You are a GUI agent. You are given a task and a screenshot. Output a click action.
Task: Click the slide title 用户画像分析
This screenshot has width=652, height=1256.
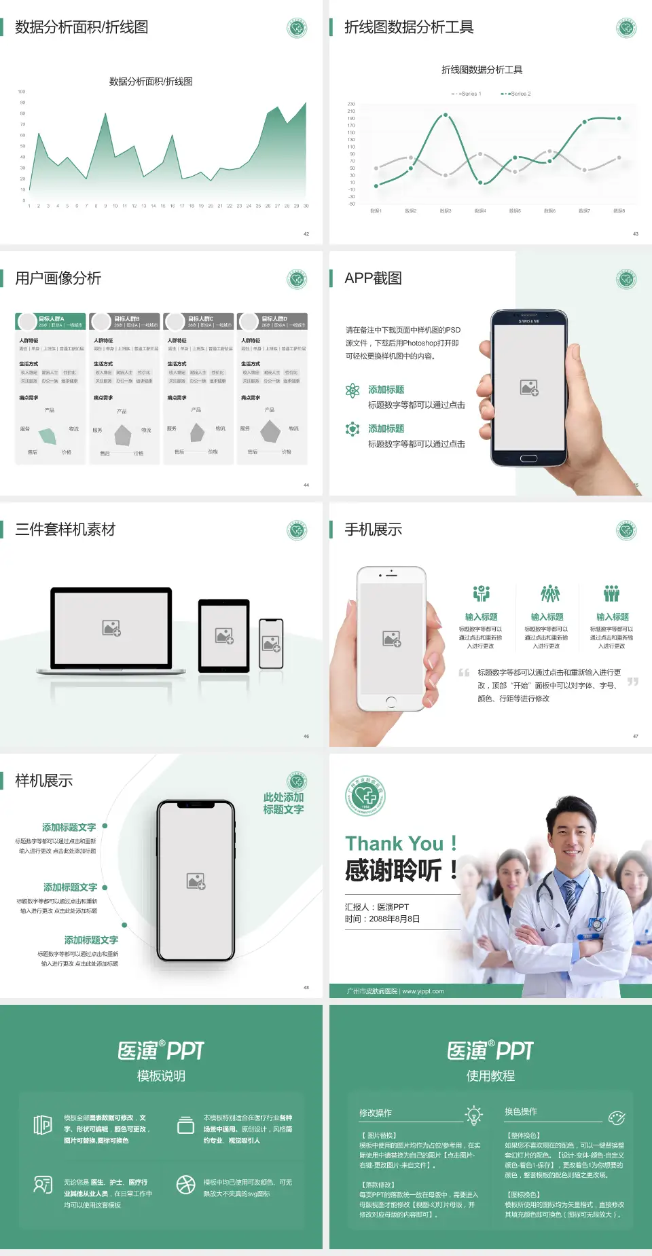[58, 278]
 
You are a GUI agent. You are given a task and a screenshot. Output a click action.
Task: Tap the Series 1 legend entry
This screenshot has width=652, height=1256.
[467, 94]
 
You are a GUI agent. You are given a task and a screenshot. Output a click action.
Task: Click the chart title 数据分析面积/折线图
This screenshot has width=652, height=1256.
[151, 81]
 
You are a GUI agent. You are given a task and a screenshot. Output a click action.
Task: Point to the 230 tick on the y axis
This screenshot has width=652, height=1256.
[351, 104]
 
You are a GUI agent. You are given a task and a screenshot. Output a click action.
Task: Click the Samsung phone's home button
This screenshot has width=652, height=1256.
[528, 458]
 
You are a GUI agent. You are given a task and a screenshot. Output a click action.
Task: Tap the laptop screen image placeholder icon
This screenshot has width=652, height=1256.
[111, 627]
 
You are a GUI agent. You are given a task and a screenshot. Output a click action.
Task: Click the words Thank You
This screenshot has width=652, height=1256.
[394, 844]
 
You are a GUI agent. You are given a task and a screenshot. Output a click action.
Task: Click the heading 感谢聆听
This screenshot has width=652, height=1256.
[394, 870]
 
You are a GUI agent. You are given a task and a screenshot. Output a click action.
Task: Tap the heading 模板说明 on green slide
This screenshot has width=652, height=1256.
[161, 1076]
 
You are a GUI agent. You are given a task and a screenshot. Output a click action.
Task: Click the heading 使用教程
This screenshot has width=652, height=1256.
[490, 1076]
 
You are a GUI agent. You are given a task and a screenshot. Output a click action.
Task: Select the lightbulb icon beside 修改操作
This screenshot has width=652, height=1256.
[473, 1114]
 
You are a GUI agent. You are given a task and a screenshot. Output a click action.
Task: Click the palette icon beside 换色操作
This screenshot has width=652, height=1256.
[617, 1118]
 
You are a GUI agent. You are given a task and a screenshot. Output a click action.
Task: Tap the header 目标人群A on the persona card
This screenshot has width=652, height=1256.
[52, 318]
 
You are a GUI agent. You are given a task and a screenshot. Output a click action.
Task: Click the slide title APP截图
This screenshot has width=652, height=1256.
[373, 278]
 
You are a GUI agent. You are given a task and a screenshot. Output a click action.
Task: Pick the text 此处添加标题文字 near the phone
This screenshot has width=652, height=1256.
[283, 803]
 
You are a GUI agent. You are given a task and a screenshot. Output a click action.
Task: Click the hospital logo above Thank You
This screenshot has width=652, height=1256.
[365, 796]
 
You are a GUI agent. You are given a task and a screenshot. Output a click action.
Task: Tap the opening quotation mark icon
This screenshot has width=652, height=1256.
[464, 673]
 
